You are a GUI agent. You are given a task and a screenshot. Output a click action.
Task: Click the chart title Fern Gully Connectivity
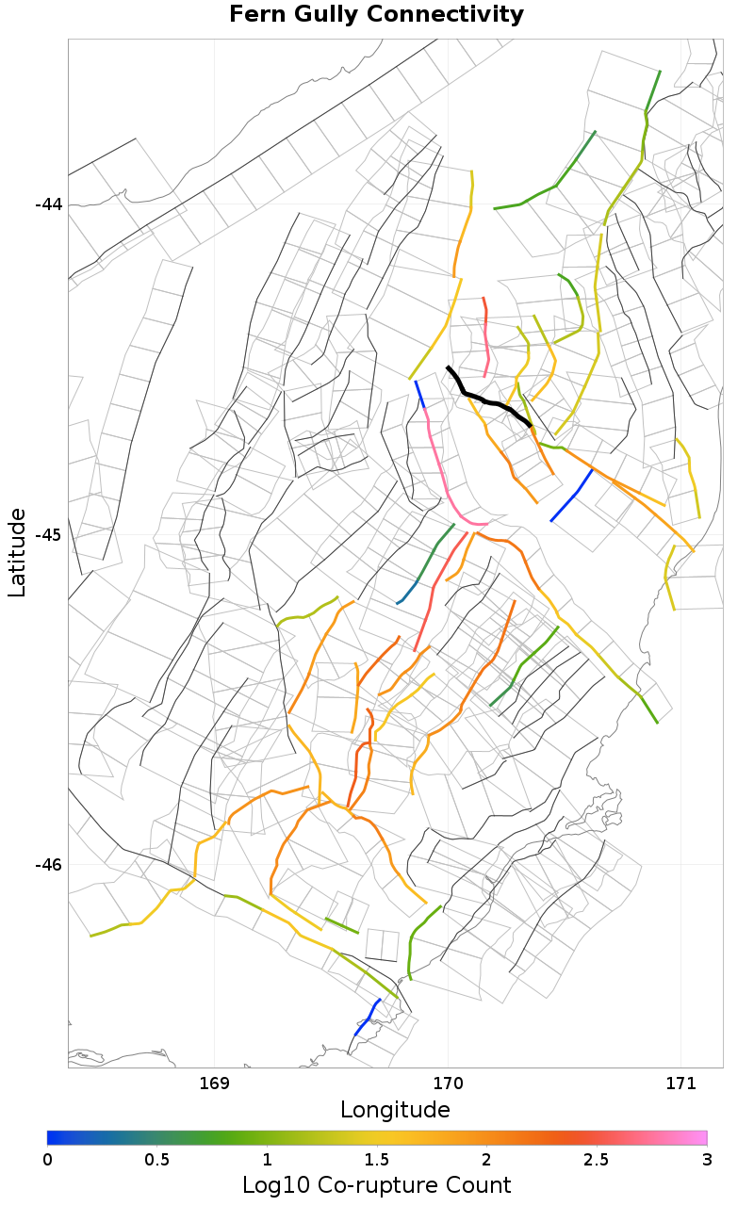376,15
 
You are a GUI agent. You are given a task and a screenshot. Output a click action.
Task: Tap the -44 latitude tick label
48,204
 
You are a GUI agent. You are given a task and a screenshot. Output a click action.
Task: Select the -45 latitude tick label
48,534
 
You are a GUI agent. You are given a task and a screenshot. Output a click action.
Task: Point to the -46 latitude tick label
48,865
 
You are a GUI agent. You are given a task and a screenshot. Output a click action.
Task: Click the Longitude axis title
395,1109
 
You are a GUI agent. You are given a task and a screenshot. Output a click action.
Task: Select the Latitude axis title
17,552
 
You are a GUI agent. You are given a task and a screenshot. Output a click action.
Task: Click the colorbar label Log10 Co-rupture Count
376,1185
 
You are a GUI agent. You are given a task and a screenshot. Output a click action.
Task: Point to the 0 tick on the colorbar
47,1158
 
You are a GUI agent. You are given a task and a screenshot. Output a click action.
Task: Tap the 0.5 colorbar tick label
156,1158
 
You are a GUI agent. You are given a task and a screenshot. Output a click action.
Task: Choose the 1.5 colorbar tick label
377,1158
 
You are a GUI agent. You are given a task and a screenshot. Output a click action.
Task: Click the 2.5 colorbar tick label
597,1158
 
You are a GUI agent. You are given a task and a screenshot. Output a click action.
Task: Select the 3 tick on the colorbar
707,1158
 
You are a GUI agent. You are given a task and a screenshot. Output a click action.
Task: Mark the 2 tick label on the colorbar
486,1158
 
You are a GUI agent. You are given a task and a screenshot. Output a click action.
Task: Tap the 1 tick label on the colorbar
267,1158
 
